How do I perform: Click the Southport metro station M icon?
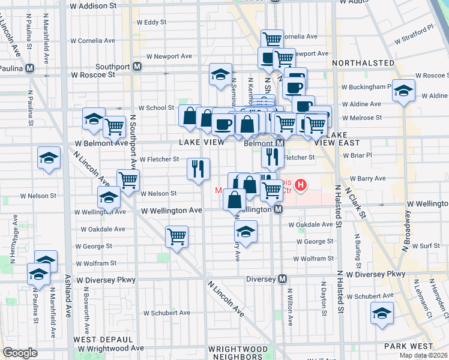(x=137, y=66)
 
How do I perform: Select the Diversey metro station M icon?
(x=283, y=279)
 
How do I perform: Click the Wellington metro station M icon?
(x=278, y=210)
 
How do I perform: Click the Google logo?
(x=20, y=353)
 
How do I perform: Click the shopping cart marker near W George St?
(x=176, y=236)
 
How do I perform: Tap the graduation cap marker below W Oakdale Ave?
(x=245, y=231)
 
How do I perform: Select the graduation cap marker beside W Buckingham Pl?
(x=403, y=91)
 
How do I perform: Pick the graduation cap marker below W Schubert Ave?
(x=382, y=313)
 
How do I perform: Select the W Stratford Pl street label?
(x=414, y=35)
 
